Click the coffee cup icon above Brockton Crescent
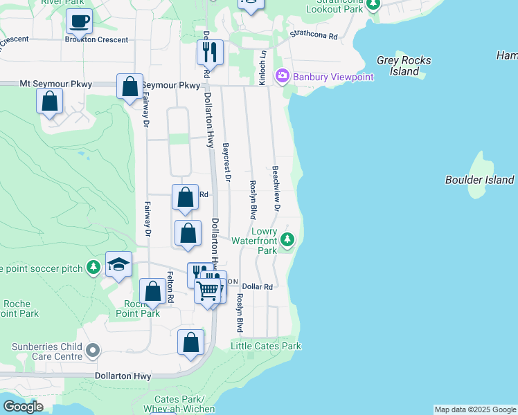click(79, 21)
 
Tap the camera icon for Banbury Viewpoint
click(283, 76)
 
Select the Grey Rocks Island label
click(404, 66)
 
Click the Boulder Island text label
click(479, 180)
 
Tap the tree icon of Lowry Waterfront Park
click(287, 241)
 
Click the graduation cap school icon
click(119, 264)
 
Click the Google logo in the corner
click(23, 407)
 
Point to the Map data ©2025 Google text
click(475, 409)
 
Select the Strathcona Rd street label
click(314, 35)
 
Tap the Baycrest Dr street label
click(226, 163)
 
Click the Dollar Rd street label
click(258, 286)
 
